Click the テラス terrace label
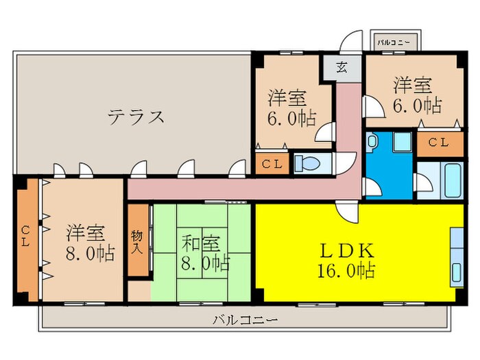(x=136, y=117)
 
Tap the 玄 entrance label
(x=342, y=67)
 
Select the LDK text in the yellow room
(x=347, y=251)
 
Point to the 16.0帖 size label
(x=346, y=271)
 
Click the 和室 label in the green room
(x=200, y=243)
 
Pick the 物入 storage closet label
(x=137, y=242)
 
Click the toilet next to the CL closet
(x=307, y=163)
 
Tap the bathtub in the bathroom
(x=453, y=180)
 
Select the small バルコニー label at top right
(x=394, y=43)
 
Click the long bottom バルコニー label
(x=245, y=320)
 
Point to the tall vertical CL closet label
(x=25, y=236)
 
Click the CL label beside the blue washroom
(x=438, y=143)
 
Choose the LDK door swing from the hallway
(x=347, y=211)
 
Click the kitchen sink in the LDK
(x=457, y=272)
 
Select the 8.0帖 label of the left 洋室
(x=90, y=254)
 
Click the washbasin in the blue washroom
(x=372, y=142)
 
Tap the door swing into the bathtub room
(x=423, y=182)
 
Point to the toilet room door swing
(x=346, y=163)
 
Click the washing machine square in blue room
(x=403, y=142)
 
